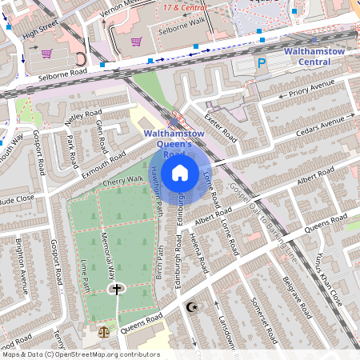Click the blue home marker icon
point(180,173)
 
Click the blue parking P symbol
point(262,63)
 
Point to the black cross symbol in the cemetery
point(117,289)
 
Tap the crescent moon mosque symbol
point(190,307)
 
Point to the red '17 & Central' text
point(180,7)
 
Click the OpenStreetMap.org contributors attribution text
point(104,354)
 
